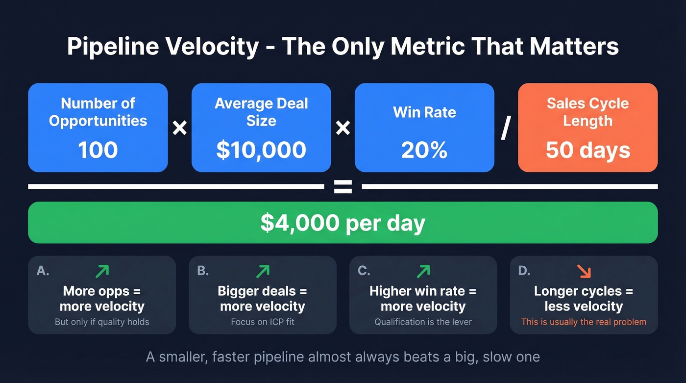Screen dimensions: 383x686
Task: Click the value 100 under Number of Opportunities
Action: coord(98,150)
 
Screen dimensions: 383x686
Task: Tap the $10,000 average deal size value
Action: coord(261,150)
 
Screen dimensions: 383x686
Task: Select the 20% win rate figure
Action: coord(424,150)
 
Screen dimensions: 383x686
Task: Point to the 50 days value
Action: coord(588,150)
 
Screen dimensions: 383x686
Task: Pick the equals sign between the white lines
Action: coord(343,186)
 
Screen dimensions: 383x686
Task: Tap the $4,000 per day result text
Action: coord(343,223)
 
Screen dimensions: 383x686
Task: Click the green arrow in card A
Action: coord(102,271)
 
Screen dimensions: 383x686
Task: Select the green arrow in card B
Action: coord(263,271)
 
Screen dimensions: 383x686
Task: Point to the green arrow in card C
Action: coord(423,271)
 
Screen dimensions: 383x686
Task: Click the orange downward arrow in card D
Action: coord(584,271)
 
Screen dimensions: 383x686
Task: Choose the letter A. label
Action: coord(43,271)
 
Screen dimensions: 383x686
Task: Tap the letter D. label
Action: coord(524,271)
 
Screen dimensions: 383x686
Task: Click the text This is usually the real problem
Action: coord(584,322)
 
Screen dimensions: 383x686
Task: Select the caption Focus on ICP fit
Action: coord(263,322)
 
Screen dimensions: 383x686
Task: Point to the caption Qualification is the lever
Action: coord(423,322)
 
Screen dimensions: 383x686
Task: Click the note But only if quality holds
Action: coord(102,322)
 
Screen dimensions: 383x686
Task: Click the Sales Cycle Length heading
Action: coord(588,112)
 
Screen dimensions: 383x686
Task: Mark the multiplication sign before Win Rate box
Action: coord(343,128)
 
